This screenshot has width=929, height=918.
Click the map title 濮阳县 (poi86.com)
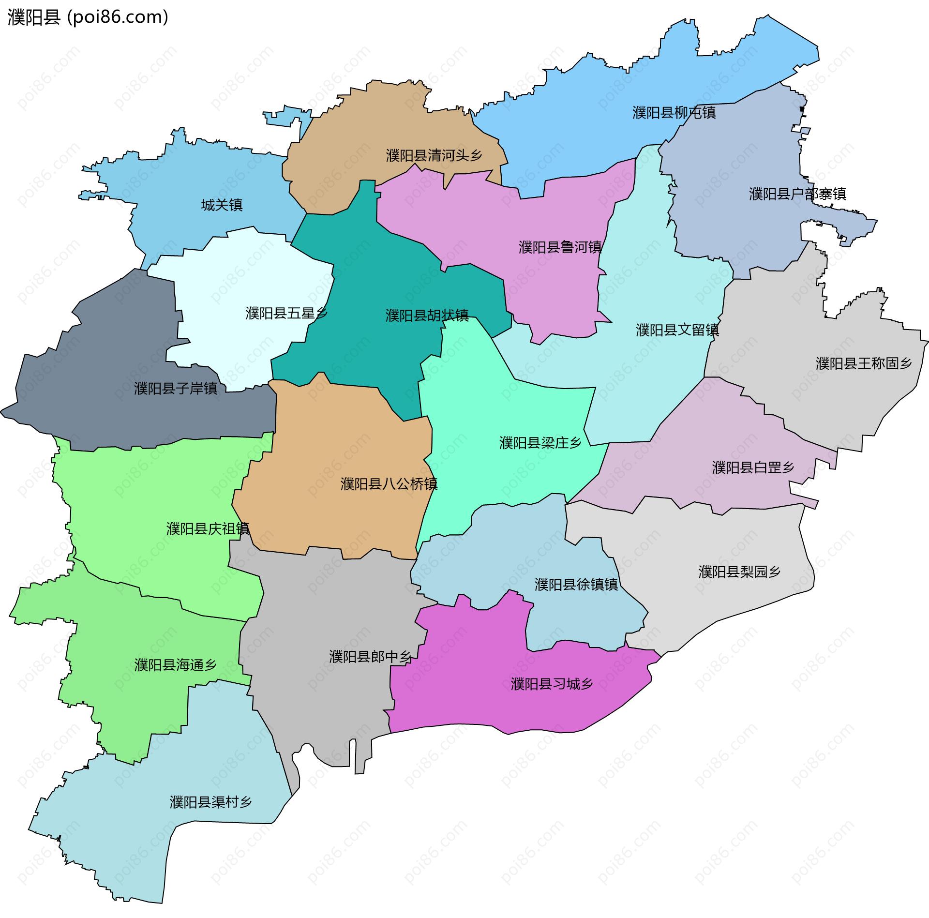click(x=88, y=17)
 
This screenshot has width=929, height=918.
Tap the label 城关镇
click(x=222, y=205)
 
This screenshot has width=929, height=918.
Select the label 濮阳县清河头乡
click(x=434, y=155)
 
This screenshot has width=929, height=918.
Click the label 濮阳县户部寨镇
click(x=797, y=194)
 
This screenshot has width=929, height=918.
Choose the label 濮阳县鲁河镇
click(x=560, y=247)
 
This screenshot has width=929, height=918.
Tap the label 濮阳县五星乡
click(x=286, y=313)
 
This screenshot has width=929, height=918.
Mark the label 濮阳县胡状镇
click(x=427, y=315)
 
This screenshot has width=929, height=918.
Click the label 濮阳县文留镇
click(x=677, y=330)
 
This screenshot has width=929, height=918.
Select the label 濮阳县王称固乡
click(x=864, y=363)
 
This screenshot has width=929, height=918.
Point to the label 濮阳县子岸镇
click(x=176, y=388)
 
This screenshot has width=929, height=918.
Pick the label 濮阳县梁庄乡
click(x=540, y=442)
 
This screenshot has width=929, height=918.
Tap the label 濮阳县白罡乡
click(x=753, y=467)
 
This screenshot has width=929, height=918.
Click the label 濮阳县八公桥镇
click(x=389, y=484)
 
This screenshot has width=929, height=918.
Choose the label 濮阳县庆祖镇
click(x=208, y=528)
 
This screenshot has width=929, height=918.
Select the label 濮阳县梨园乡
click(x=739, y=572)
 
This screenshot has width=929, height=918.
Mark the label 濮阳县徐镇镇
click(x=576, y=584)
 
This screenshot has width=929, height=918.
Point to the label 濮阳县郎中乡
click(x=370, y=656)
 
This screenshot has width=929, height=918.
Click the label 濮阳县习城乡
click(x=552, y=684)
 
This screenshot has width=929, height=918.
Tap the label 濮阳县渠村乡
click(x=211, y=802)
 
